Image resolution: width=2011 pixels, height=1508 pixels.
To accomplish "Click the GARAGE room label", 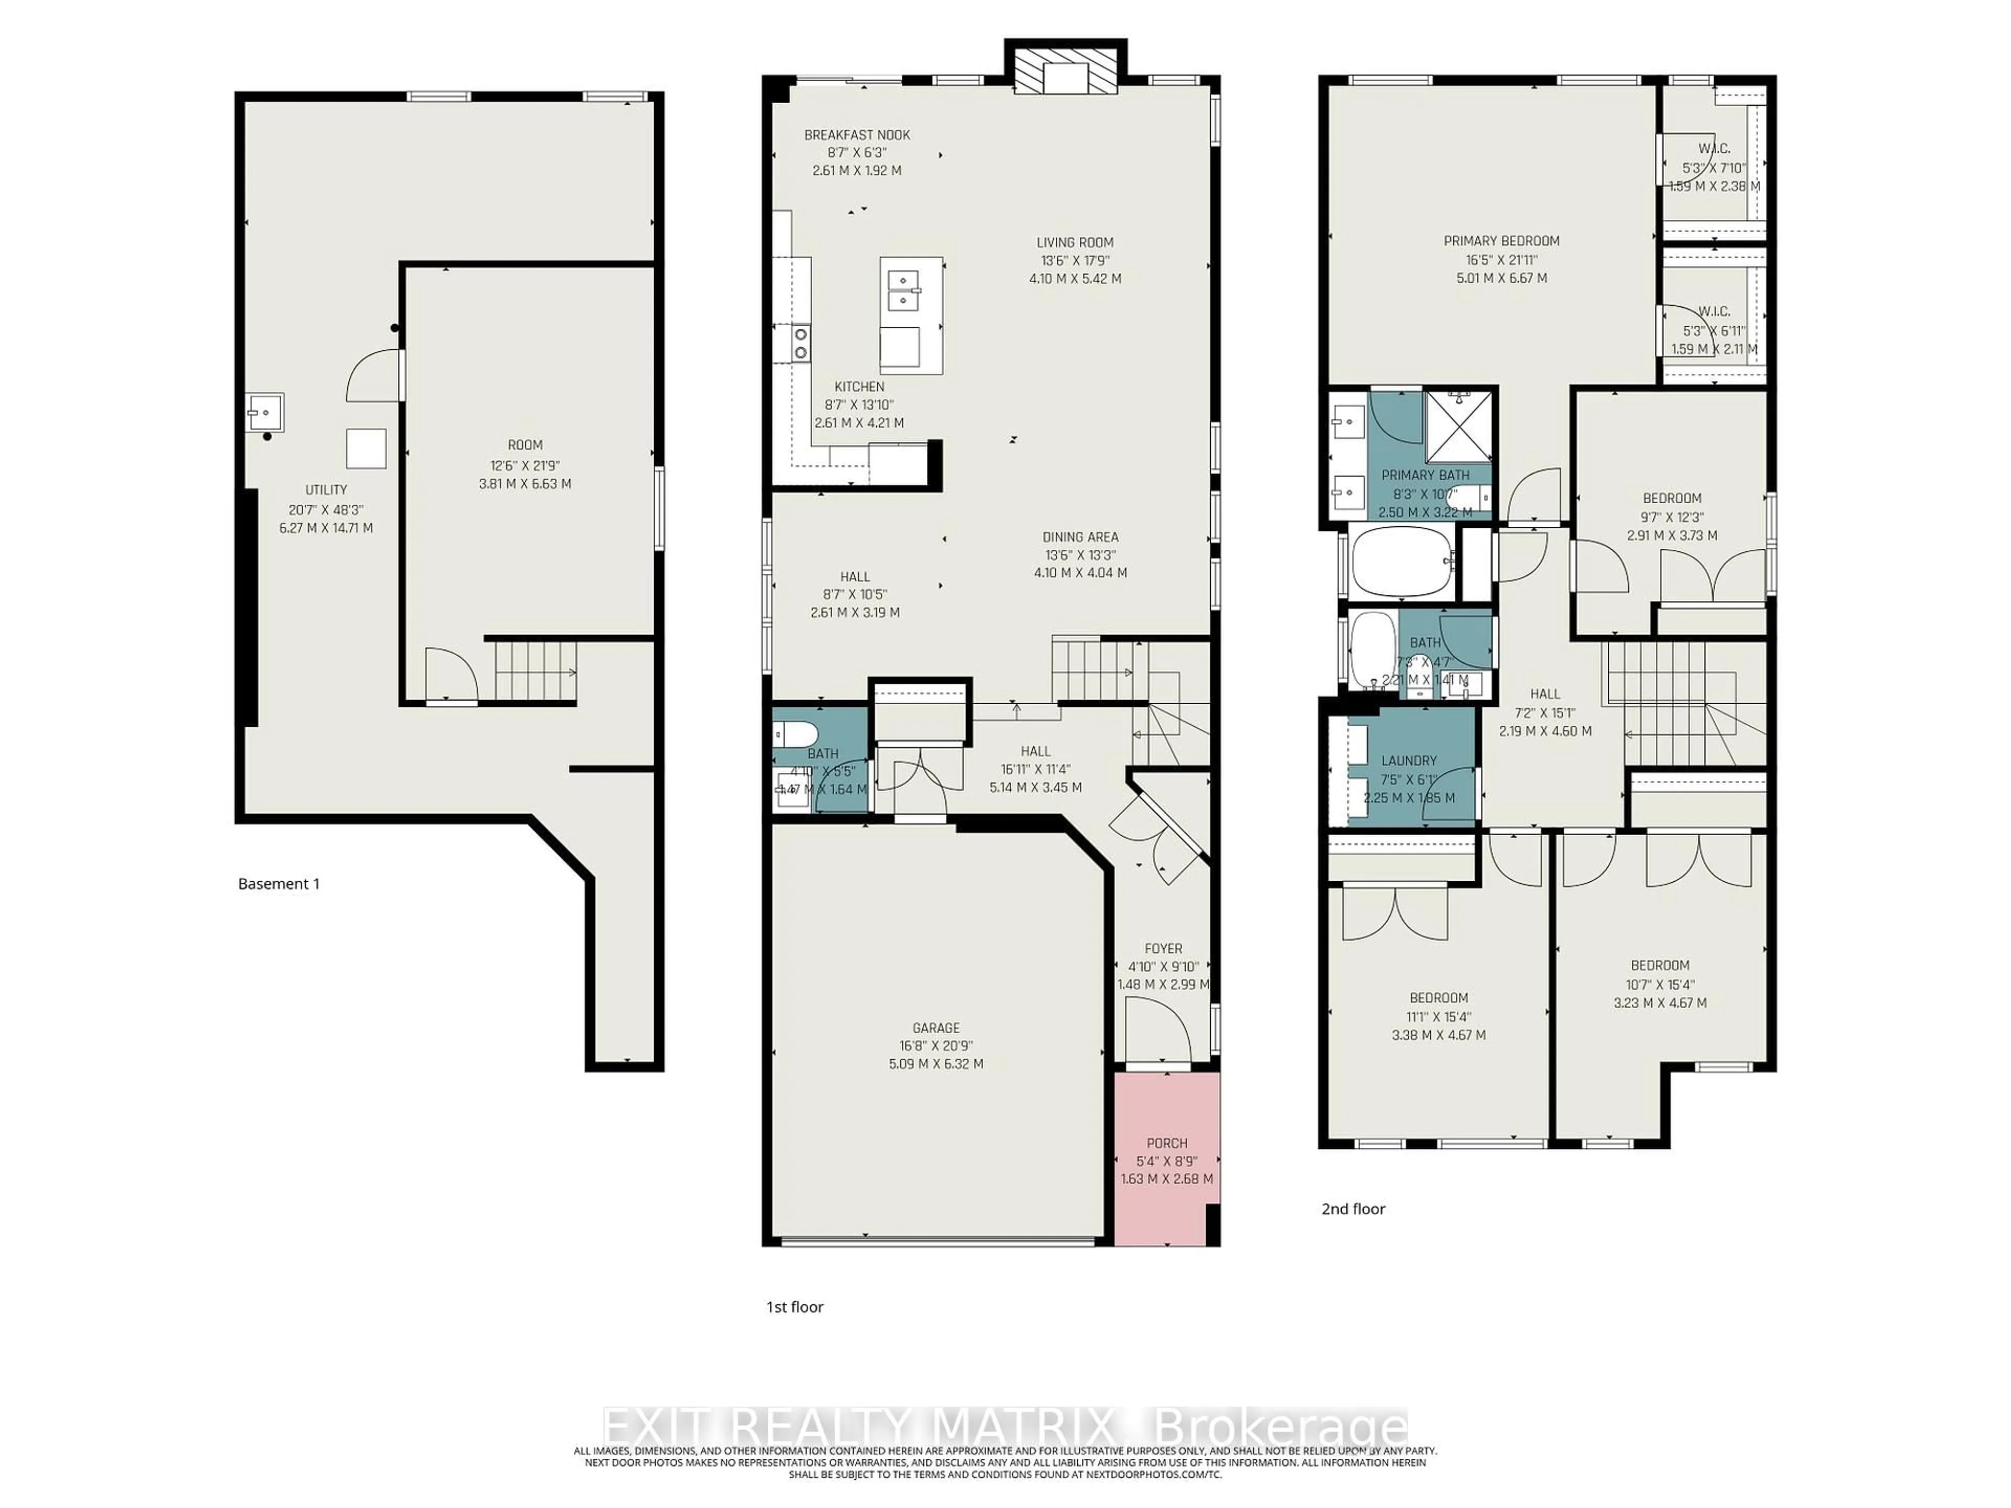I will pos(935,1028).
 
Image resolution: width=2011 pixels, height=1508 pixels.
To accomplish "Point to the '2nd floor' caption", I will pos(1353,1209).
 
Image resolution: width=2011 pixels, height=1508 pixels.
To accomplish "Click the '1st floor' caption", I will pos(794,1307).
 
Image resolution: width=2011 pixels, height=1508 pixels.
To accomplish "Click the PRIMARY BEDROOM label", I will pos(1501,241).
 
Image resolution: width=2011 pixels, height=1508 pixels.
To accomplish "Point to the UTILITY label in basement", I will pos(325,490).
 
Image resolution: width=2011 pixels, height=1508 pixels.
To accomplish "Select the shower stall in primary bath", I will pos(1458,426).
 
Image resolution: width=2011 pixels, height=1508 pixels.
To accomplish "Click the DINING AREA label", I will pos(1080,537).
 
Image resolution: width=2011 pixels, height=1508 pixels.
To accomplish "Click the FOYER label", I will pos(1163,948).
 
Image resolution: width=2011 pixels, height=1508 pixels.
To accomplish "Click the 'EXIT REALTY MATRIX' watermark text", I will pos(859,1424).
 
